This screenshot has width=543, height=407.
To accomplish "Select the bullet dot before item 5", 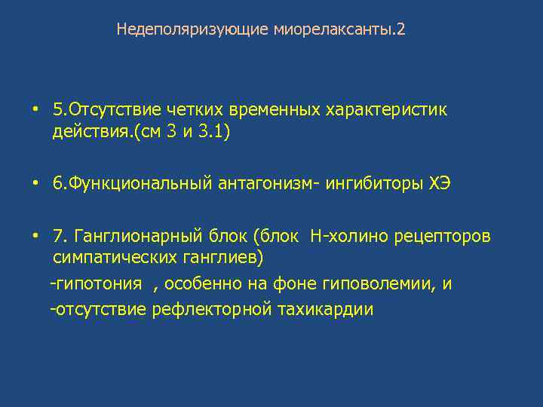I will pos(35,109).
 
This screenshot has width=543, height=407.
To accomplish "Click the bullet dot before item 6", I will pos(35,184).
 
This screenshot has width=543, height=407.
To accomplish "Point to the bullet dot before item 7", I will pos(35,236).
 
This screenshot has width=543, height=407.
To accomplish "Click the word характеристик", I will pos(386,110).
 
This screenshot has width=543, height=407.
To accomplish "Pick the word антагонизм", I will pos(263,185).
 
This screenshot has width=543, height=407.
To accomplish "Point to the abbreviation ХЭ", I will pos(440,185).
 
